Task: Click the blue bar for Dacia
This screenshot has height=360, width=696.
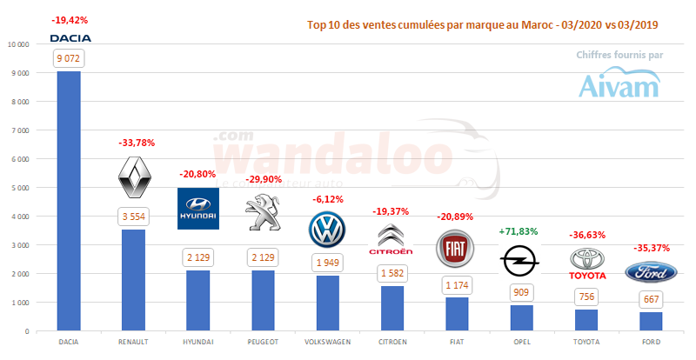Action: (69, 200)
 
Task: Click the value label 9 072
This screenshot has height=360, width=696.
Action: (69, 59)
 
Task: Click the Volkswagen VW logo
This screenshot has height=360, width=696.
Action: (327, 230)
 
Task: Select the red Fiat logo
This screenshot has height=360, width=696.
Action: (458, 248)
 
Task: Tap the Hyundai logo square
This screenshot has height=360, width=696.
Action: (198, 209)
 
